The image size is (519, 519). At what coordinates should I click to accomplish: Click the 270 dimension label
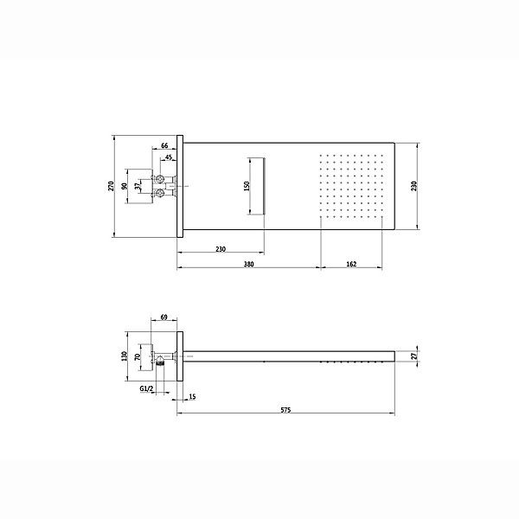click(112, 186)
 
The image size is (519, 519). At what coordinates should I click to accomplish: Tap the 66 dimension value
click(164, 145)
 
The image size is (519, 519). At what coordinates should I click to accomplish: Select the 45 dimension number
click(169, 157)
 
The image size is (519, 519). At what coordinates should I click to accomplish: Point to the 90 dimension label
click(125, 186)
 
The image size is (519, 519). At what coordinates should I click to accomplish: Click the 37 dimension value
click(138, 186)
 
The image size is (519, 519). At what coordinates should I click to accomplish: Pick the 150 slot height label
click(247, 186)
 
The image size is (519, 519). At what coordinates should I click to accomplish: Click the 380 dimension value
click(248, 264)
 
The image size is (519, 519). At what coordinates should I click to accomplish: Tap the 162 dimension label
click(351, 264)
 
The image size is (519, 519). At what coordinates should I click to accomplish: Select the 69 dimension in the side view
click(163, 317)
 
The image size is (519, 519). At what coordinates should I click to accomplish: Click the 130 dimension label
click(125, 356)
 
